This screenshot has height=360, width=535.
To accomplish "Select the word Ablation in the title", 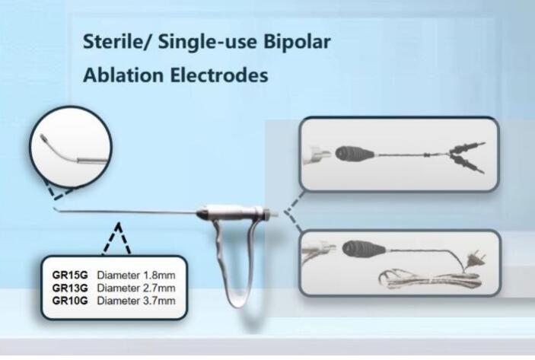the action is click(x=123, y=75).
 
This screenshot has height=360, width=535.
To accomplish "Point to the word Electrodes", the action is click(x=219, y=75).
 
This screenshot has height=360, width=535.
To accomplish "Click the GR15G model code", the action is click(x=70, y=275).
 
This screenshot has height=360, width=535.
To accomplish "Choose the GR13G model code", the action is click(x=70, y=288).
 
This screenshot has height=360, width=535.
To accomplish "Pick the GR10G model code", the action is click(x=70, y=301).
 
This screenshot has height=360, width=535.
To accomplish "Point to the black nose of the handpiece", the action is click(x=202, y=215).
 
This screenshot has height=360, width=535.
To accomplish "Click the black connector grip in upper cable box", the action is click(x=355, y=154).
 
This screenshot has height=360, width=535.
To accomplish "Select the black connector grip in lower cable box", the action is click(x=363, y=250).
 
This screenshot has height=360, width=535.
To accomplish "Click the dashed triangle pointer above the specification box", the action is click(x=117, y=239).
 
